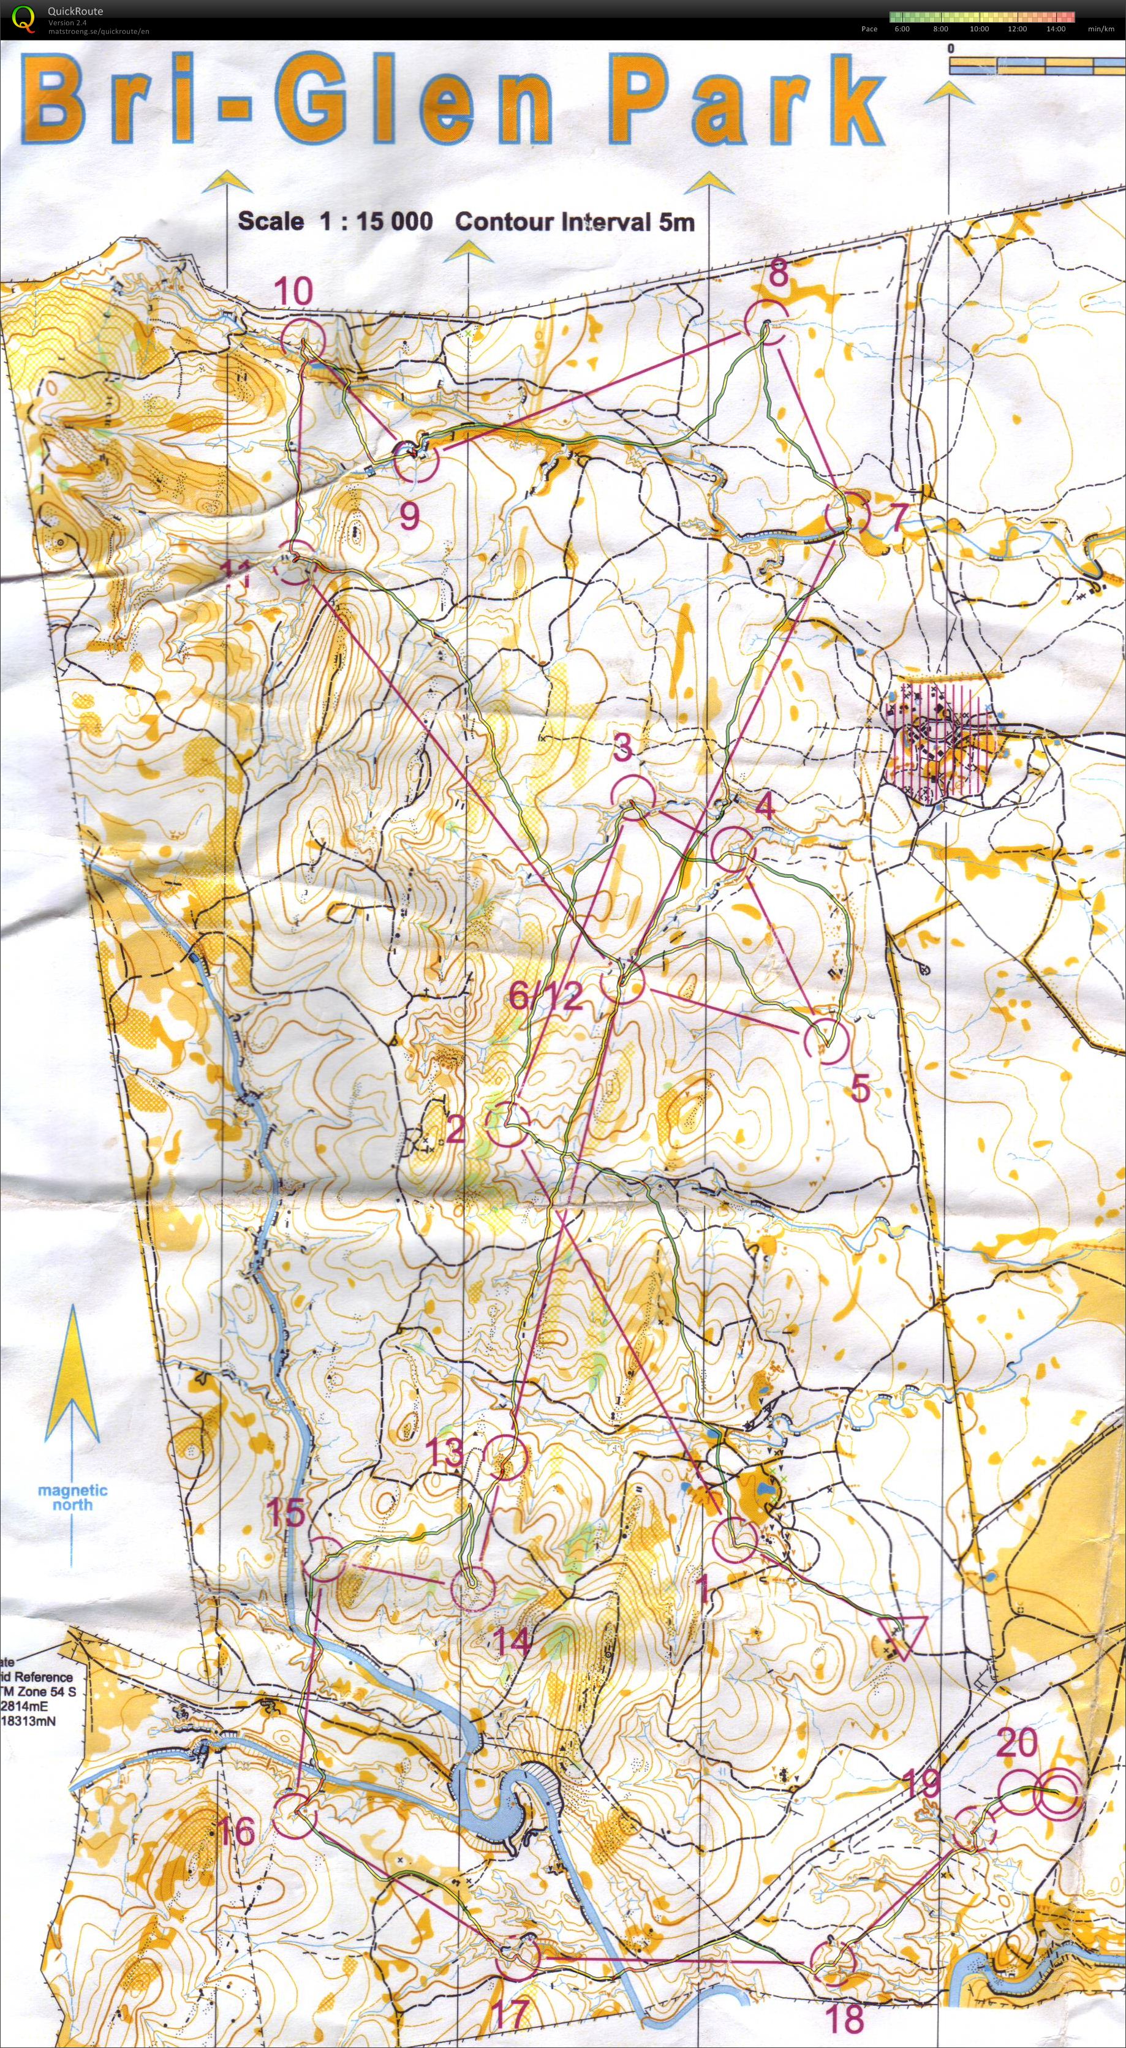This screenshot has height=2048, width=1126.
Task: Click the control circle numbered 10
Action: [303, 339]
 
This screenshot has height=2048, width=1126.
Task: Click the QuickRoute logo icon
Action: [25, 18]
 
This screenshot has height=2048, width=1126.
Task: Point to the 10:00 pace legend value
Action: [979, 29]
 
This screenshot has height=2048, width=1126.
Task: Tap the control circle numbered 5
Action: [827, 1041]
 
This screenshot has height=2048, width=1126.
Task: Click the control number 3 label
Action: [624, 747]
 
